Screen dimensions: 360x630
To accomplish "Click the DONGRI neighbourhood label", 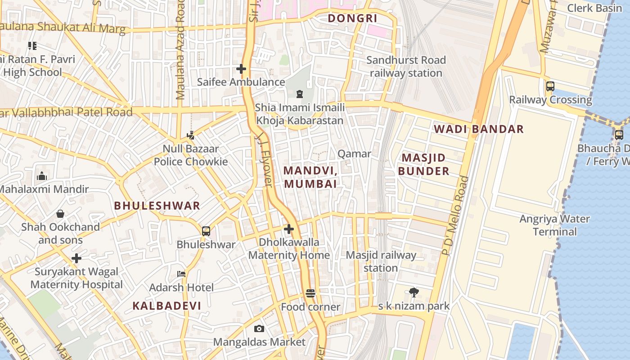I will (352, 18).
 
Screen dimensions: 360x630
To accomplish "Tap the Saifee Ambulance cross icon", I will (241, 69).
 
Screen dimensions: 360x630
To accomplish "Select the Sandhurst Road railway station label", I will (406, 67).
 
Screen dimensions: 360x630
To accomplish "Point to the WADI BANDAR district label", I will (479, 129).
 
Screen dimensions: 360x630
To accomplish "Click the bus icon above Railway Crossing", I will (550, 86).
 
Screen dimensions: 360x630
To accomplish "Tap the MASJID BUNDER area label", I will (423, 164).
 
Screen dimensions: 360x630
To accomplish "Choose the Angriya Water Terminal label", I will (554, 225).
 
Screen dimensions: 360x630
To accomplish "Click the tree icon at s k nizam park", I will (414, 293).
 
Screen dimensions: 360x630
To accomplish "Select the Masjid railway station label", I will (381, 261).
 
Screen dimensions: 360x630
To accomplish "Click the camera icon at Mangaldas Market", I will (259, 329).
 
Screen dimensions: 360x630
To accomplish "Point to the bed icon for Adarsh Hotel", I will (181, 274).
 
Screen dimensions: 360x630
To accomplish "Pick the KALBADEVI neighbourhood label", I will (166, 306).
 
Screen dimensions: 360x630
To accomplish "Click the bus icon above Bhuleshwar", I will (206, 231).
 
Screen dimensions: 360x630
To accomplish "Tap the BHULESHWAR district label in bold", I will (157, 206).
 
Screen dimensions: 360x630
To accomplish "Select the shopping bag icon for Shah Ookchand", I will (60, 214).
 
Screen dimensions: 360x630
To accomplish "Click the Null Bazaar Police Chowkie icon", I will (191, 135).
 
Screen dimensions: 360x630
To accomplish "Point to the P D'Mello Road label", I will (455, 216).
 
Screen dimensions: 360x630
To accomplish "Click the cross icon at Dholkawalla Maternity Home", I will (289, 229).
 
